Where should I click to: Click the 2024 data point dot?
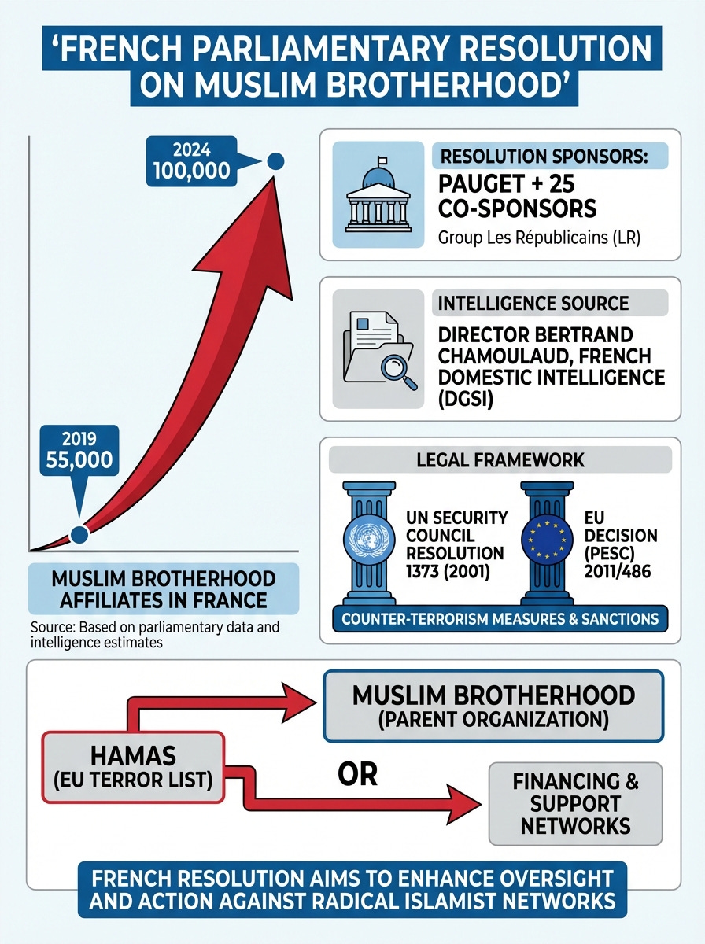pyautogui.click(x=275, y=162)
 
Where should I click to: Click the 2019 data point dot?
pyautogui.click(x=79, y=534)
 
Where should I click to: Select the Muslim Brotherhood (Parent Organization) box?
pyautogui.click(x=493, y=705)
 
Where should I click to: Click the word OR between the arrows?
pyautogui.click(x=358, y=774)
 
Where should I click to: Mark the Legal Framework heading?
pyautogui.click(x=500, y=459)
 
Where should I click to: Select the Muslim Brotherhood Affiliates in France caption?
pyautogui.click(x=164, y=589)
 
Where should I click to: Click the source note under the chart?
pyautogui.click(x=155, y=635)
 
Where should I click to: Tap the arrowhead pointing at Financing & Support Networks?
pyautogui.click(x=464, y=803)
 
